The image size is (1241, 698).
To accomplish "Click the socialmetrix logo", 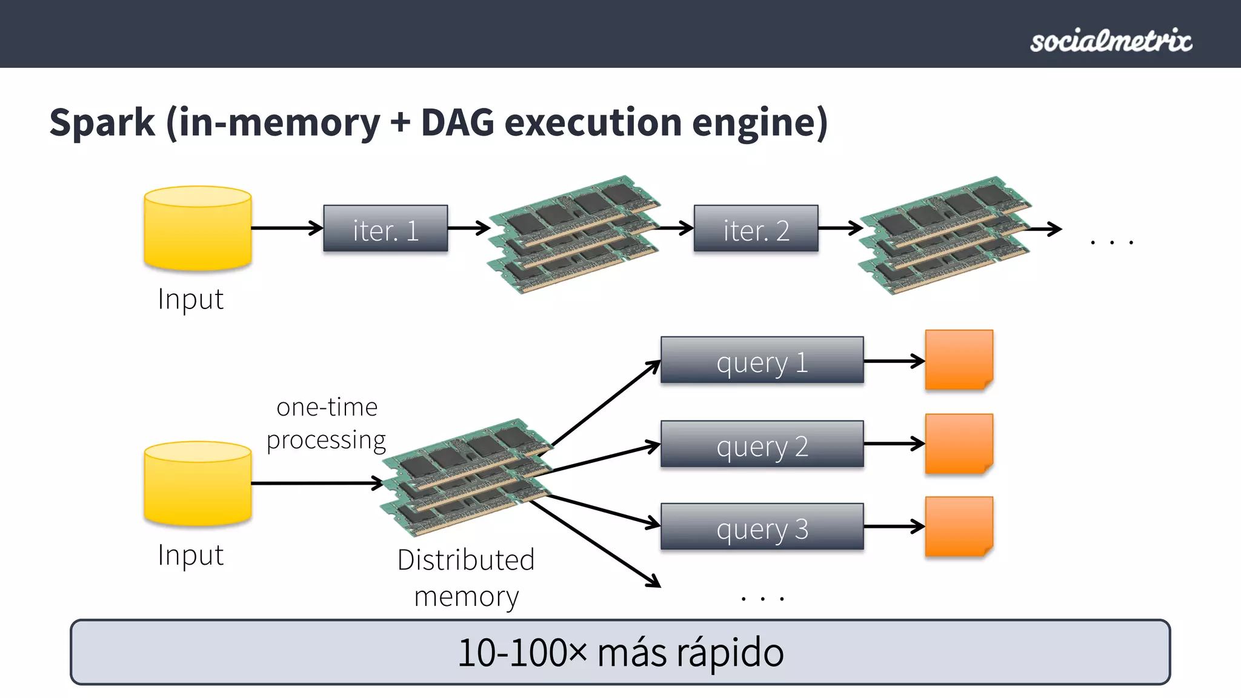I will pos(1111,41).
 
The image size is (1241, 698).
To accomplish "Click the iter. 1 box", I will pos(385,229).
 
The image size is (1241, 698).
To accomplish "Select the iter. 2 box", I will pos(756,229).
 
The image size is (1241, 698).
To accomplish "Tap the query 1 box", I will pos(762,361).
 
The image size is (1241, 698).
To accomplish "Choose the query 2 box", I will pos(762,444).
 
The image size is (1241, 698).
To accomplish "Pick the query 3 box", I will pos(762,527).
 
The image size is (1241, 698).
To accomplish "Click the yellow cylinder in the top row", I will pos(198,228).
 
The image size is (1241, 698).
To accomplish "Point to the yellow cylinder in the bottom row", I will pos(198,484).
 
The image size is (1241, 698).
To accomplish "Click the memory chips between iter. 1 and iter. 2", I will pos(573,235).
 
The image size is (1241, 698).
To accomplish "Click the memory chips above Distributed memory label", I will pos(467,477).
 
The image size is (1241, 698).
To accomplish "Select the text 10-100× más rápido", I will pos(620,653).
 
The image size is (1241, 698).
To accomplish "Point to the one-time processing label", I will pos(327,424).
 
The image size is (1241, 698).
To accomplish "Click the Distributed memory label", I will pos(466,578).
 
